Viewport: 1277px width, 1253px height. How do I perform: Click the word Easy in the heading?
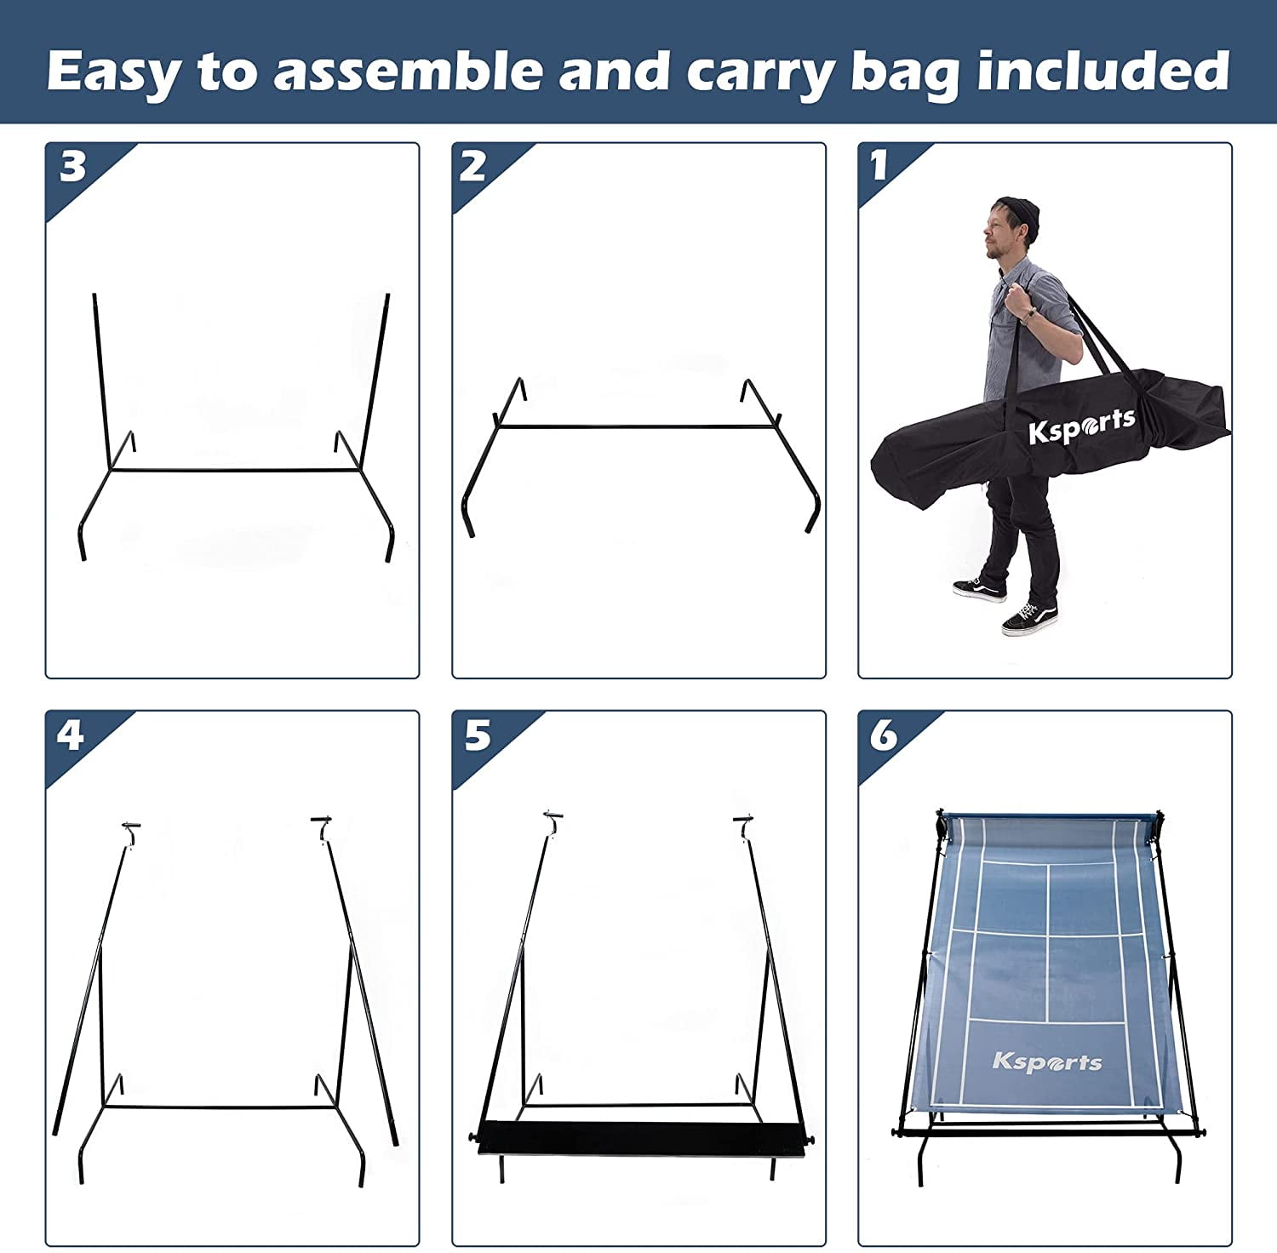tap(112, 72)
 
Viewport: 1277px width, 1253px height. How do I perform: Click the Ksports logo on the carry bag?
tap(1081, 426)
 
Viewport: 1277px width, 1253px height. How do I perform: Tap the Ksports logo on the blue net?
tap(1046, 1061)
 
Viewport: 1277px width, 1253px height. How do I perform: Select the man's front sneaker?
tap(1030, 619)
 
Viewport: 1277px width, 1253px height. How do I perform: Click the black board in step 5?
tap(643, 1138)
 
